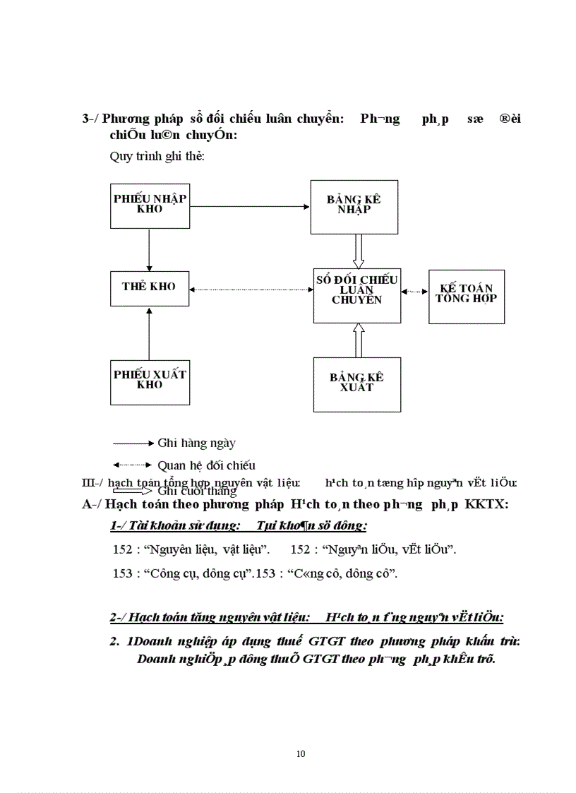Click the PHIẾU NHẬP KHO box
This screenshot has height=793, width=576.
150,204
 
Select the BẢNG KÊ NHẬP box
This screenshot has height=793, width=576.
354,206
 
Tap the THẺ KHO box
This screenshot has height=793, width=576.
150,287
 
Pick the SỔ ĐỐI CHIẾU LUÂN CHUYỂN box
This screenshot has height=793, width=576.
357,295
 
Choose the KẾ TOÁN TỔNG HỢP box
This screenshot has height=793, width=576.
466,297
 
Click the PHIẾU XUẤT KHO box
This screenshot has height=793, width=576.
150,381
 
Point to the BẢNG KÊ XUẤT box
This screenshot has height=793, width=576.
356,384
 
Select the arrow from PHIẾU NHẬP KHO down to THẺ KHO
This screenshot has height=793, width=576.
149,249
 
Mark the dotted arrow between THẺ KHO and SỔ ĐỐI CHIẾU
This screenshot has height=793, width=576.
251,289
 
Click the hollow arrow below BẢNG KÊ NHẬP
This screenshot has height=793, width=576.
358,251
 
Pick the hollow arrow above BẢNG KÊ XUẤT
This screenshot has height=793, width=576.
358,340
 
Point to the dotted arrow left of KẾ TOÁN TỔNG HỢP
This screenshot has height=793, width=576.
414,291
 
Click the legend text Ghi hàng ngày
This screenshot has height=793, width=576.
196,443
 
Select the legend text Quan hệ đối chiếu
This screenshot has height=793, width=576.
206,465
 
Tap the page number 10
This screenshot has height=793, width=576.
301,754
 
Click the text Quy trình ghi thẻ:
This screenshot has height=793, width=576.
157,156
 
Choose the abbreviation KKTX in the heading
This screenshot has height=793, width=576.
486,504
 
